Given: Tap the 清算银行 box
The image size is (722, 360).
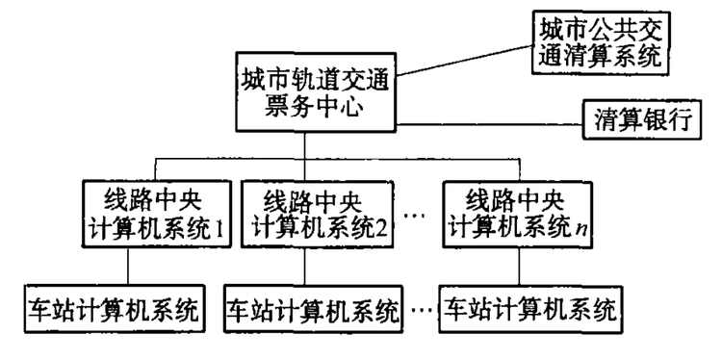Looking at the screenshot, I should coord(643,123).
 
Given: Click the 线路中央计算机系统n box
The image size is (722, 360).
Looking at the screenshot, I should coord(520,215).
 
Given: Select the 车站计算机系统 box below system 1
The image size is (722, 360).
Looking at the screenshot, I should coord(113,310).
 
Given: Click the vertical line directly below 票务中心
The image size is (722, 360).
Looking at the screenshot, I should coord(305,147).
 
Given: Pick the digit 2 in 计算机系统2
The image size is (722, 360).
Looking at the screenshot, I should coord(383,231).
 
